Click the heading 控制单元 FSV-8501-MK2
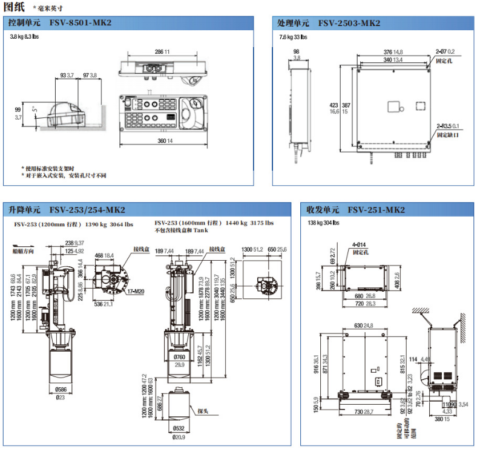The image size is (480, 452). (60, 23)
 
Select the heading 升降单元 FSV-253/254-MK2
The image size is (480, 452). (67, 210)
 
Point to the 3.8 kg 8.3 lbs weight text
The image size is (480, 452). (27, 37)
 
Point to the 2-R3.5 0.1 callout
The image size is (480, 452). (449, 126)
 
